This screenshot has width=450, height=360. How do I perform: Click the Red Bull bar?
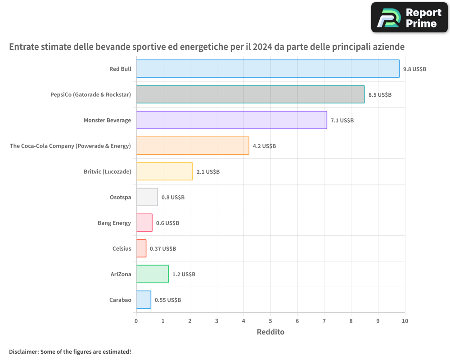(x=268, y=68)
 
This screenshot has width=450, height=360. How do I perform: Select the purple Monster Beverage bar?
(x=232, y=120)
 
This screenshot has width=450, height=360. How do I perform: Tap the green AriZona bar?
(x=153, y=274)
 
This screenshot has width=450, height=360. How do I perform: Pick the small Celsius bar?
(x=141, y=248)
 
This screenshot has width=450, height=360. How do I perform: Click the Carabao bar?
(x=144, y=300)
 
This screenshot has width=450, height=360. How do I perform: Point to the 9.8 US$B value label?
(x=415, y=69)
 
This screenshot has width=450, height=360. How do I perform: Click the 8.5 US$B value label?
(x=380, y=95)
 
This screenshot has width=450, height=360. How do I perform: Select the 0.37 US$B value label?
(x=163, y=248)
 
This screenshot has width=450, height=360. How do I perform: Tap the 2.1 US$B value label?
(x=208, y=171)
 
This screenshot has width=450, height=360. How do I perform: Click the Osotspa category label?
(x=121, y=198)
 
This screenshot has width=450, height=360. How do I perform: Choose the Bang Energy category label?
(x=114, y=223)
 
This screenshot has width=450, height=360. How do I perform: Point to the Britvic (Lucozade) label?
(x=108, y=171)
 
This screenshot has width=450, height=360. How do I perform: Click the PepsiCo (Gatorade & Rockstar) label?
(x=91, y=95)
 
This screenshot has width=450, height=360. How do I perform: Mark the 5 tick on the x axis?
(x=270, y=321)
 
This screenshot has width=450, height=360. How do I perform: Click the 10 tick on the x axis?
(x=405, y=321)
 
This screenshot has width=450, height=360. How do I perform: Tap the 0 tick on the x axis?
(x=136, y=321)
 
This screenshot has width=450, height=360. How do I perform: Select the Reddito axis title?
(x=270, y=332)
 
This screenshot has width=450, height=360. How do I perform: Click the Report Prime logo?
(x=409, y=18)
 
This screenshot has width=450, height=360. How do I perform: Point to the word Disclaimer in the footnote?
(x=24, y=351)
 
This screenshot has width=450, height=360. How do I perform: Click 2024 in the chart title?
(x=262, y=46)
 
